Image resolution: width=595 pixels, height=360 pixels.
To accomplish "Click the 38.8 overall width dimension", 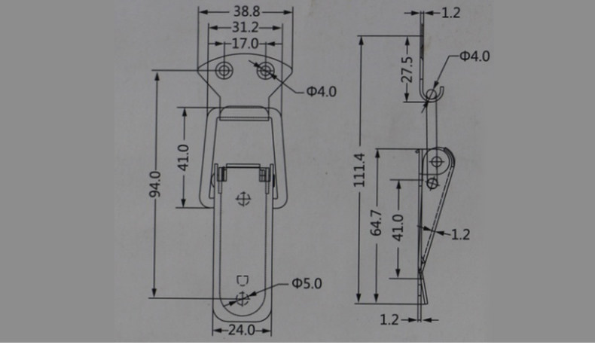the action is (x=246, y=11).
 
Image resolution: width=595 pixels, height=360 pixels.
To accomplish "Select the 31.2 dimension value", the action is (x=245, y=27).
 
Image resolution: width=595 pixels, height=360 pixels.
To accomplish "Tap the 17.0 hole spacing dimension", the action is (x=245, y=43).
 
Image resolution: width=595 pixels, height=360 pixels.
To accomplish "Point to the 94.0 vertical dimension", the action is (x=155, y=185).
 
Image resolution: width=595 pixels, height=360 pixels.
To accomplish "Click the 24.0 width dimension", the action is (x=242, y=330).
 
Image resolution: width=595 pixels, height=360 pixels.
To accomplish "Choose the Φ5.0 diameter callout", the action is (x=307, y=283).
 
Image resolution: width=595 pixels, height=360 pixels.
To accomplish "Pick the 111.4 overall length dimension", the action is (x=359, y=170).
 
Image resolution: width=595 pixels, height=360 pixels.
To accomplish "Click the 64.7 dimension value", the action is (x=376, y=223).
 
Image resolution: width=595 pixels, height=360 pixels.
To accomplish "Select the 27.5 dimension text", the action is (x=407, y=69).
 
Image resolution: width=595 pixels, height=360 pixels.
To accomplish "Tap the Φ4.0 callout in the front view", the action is (x=322, y=91).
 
